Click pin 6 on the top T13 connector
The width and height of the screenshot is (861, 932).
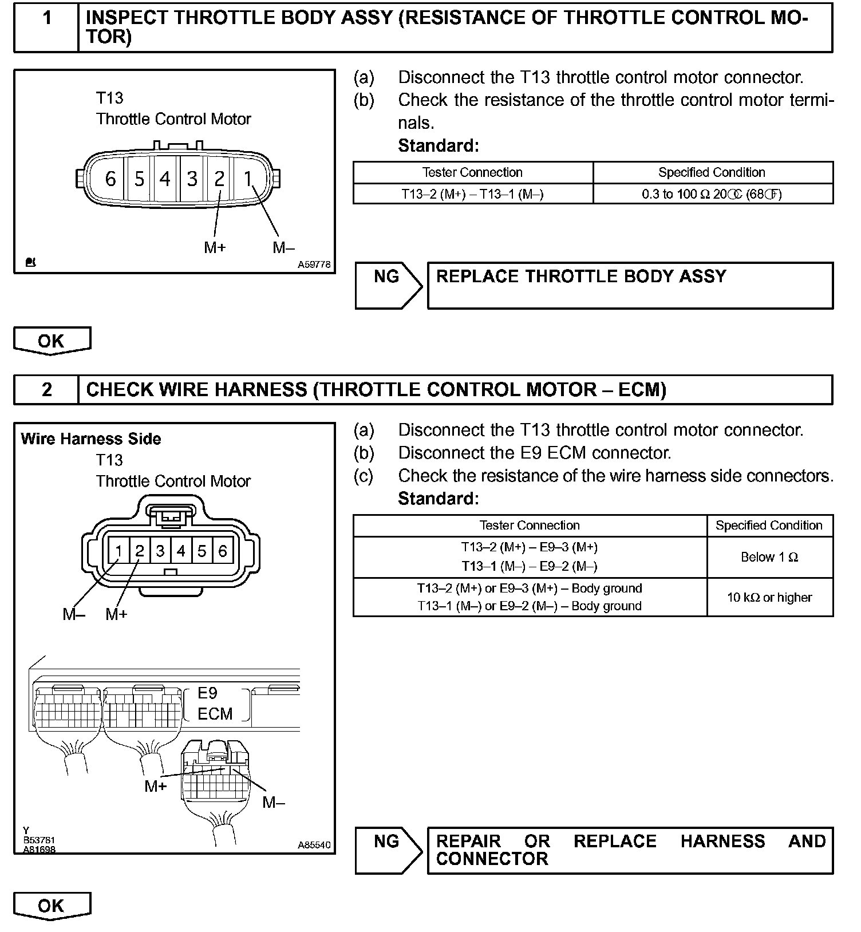point(110,179)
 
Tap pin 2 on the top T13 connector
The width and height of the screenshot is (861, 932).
point(219,179)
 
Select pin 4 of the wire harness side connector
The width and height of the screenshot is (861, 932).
point(181,551)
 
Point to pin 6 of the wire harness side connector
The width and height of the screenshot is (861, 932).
point(223,551)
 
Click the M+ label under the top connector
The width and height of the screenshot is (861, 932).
point(215,248)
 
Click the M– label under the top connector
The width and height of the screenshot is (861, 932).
point(283,248)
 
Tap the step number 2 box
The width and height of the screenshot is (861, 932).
point(46,390)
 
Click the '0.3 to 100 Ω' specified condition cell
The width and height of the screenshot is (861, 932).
point(712,194)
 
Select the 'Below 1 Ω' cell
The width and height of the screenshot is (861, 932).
point(769,557)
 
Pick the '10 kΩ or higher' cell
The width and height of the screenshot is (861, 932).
point(769,598)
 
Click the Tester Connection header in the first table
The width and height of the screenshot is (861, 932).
point(472,172)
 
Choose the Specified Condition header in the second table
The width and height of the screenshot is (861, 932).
point(769,526)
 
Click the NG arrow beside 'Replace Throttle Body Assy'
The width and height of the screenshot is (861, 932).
point(388,285)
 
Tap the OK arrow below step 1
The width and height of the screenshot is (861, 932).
point(52,341)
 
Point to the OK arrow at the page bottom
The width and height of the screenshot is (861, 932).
point(52,906)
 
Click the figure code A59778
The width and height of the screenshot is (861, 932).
point(314,265)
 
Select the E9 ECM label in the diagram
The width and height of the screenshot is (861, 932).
point(215,704)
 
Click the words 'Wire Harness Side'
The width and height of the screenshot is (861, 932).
point(91,439)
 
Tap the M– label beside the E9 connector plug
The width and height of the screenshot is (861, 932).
point(273,803)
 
